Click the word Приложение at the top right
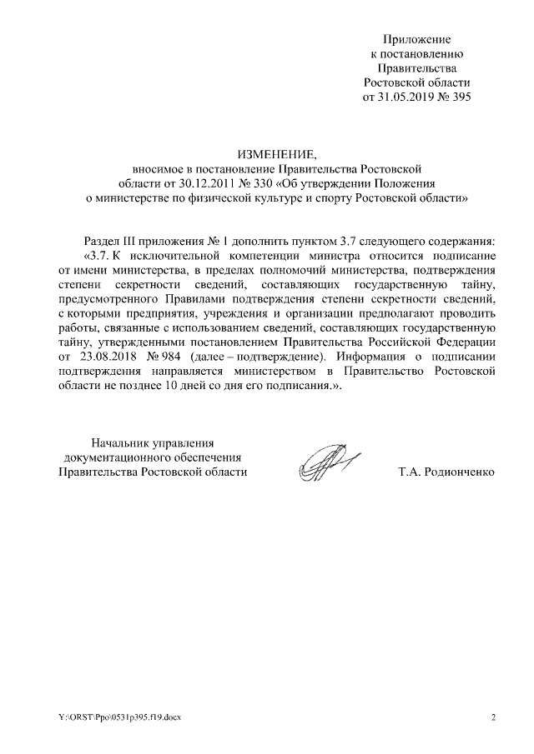pyautogui.click(x=416, y=39)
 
